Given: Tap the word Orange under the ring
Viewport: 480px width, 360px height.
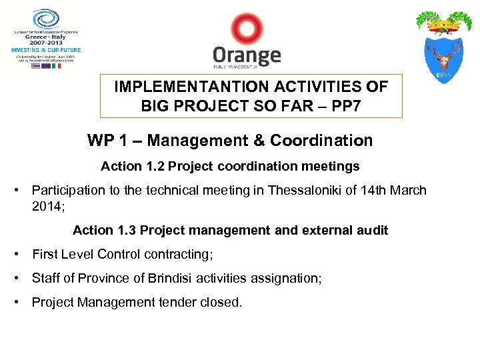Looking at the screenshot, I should coord(247,55).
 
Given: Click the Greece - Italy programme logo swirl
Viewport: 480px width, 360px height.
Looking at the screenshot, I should coord(45,18).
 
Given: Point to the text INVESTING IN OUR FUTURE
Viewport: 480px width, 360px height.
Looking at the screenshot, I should coord(45,50).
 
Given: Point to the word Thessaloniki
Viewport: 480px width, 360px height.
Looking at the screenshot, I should coord(306,190).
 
